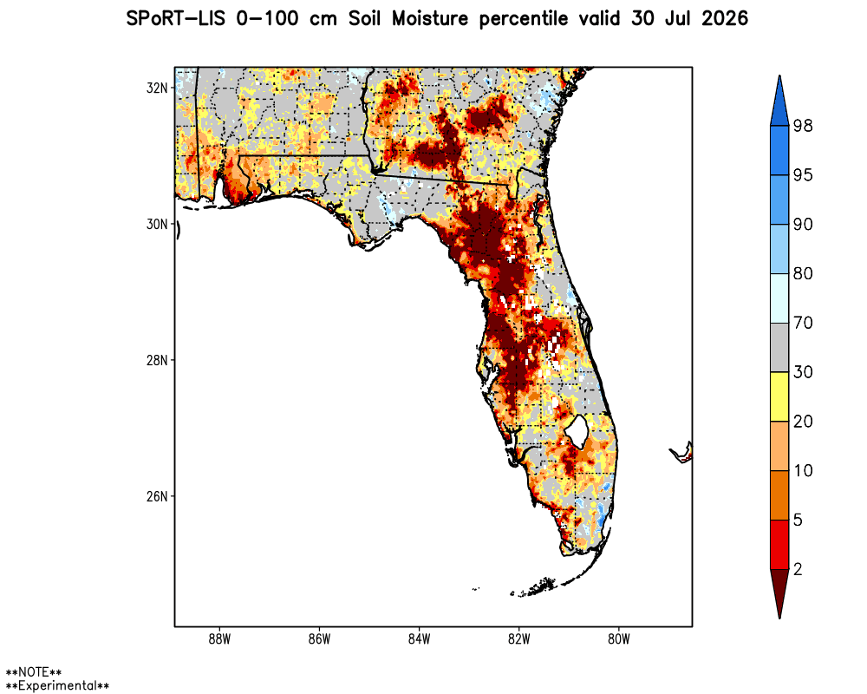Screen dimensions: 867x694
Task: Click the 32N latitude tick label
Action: coord(156,88)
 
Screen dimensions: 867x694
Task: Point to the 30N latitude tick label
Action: coord(156,224)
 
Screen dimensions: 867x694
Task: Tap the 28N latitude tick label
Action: coord(156,360)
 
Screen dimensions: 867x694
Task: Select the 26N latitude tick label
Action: coord(156,496)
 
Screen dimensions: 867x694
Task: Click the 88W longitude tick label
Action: coord(219,639)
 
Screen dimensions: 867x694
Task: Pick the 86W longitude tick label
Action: coord(319,639)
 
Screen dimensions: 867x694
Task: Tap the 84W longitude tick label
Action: coord(419,639)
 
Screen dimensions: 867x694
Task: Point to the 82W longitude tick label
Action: coord(518,639)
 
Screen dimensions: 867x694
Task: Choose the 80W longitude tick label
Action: coord(619,639)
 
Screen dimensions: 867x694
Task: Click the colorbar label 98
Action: coord(803,126)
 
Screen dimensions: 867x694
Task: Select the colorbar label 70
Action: coord(803,323)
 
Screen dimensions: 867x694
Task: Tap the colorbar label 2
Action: coord(798,569)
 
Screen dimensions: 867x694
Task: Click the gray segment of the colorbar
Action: coord(779,348)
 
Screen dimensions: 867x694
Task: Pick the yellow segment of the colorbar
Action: coord(779,396)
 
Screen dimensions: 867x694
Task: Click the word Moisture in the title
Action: coord(430,19)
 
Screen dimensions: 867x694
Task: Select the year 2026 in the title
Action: coord(724,19)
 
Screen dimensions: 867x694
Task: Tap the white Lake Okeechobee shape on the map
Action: coord(577,430)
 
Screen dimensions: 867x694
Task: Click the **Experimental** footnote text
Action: coord(57,685)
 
